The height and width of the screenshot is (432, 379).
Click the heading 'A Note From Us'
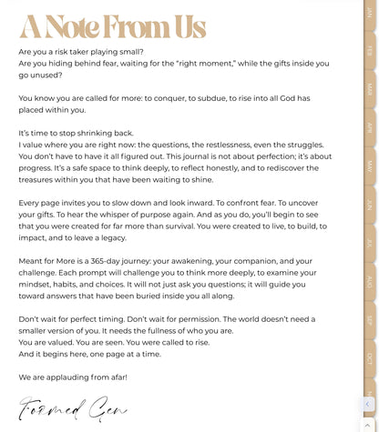[113, 27]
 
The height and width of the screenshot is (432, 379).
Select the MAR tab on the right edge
[370, 90]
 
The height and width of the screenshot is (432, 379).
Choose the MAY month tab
[370, 166]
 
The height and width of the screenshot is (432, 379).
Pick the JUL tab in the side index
[370, 243]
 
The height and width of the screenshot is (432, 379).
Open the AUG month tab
[370, 281]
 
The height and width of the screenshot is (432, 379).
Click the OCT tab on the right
[370, 358]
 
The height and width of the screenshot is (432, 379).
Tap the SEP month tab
[370, 320]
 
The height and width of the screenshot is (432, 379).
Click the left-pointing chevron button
[367, 405]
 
